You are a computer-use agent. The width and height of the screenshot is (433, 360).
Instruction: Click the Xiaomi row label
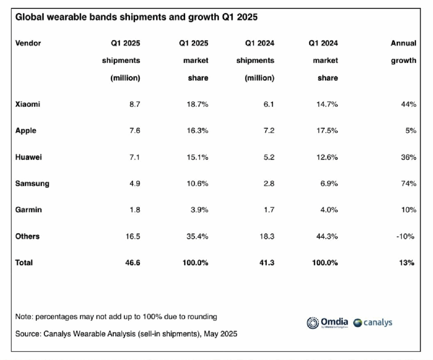tap(27, 104)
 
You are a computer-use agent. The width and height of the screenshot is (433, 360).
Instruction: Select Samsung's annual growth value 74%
tap(408, 183)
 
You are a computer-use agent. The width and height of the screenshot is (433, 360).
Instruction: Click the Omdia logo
tap(327, 323)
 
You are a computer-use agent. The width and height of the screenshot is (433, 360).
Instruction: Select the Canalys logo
tap(373, 323)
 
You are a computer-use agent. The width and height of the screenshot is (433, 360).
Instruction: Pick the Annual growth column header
tap(403, 52)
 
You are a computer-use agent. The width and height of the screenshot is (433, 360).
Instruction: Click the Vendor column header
tap(28, 43)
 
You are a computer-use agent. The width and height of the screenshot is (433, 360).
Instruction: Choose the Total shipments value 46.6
tap(132, 262)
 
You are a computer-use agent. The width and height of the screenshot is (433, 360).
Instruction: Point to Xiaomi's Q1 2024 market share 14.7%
tap(326, 104)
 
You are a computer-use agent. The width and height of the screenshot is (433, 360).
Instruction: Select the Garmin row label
tap(28, 210)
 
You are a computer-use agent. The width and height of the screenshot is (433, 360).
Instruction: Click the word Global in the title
tap(28, 18)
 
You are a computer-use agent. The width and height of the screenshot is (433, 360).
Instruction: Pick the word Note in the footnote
tap(23, 316)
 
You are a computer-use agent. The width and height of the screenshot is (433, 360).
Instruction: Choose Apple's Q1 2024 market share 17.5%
tap(326, 131)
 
